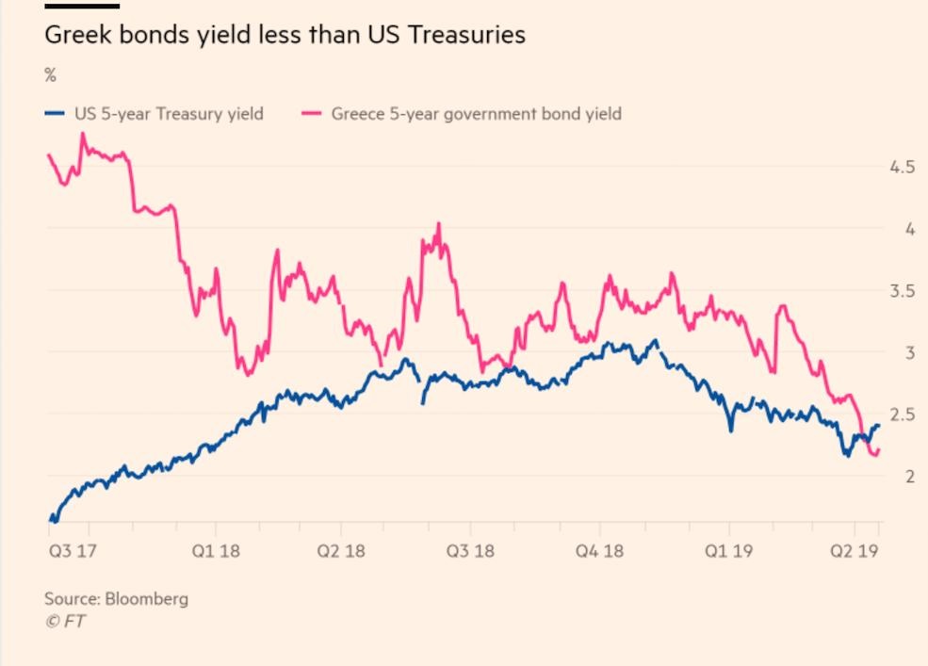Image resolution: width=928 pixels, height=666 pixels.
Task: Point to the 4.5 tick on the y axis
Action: pos(902,167)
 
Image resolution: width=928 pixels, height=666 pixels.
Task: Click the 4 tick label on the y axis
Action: pos(910,229)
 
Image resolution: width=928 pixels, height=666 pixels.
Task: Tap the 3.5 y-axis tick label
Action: pos(902,291)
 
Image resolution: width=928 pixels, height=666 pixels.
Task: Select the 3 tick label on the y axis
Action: pos(910,352)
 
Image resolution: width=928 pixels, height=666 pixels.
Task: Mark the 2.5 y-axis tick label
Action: pos(902,414)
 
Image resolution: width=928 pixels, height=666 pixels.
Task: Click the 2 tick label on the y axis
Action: pos(910,477)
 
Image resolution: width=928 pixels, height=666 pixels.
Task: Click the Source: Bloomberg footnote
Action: pos(116,599)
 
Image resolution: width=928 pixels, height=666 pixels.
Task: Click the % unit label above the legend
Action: pos(50,76)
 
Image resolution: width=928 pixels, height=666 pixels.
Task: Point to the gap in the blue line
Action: pos(421,388)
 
